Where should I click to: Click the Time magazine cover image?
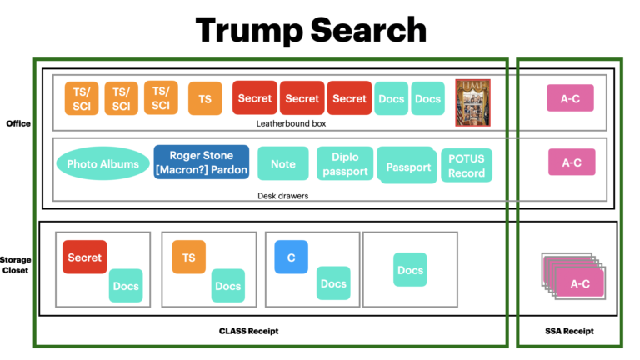click(472, 102)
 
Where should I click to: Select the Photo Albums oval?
click(102, 164)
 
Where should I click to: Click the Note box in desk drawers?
click(283, 164)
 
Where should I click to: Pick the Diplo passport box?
click(344, 164)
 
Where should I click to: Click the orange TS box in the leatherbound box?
click(204, 99)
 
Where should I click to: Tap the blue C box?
click(291, 257)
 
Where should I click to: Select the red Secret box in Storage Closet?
click(84, 257)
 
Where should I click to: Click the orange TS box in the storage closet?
click(188, 257)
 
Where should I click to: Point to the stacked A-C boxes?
click(575, 277)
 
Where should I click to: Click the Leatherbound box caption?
click(291, 123)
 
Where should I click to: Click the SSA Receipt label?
click(571, 331)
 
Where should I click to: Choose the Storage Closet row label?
click(16, 264)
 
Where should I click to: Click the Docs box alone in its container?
click(410, 270)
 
